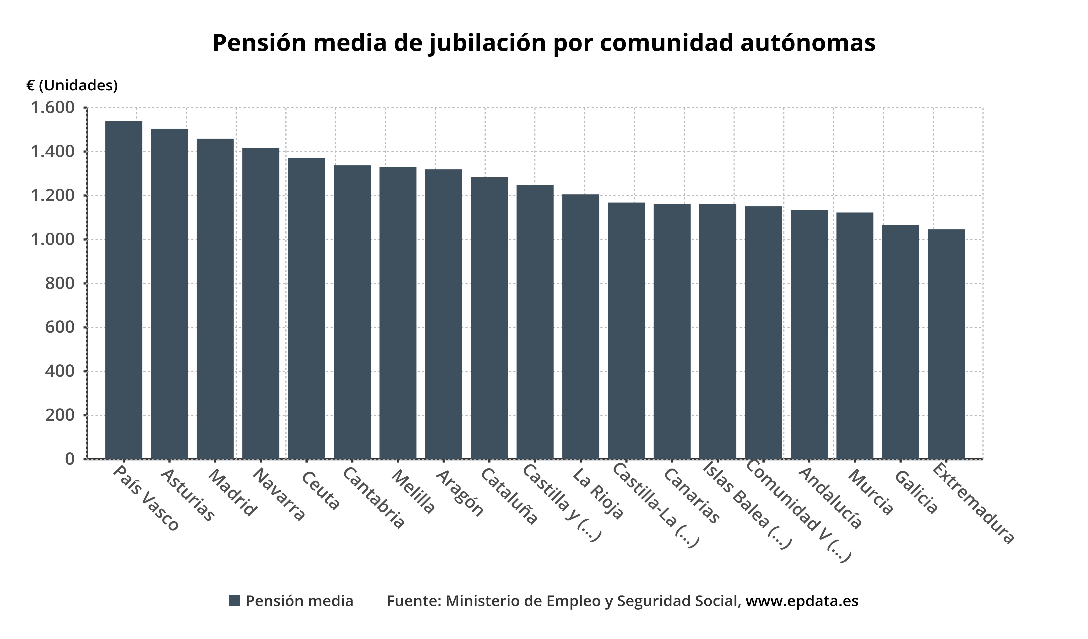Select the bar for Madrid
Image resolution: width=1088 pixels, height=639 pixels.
coord(215,299)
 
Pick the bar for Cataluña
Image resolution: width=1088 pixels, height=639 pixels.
coord(489,318)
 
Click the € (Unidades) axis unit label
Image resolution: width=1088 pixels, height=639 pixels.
coord(72,86)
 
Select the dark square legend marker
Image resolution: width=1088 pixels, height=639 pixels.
coord(234,601)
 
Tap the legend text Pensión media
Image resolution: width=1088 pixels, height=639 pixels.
coord(299,601)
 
